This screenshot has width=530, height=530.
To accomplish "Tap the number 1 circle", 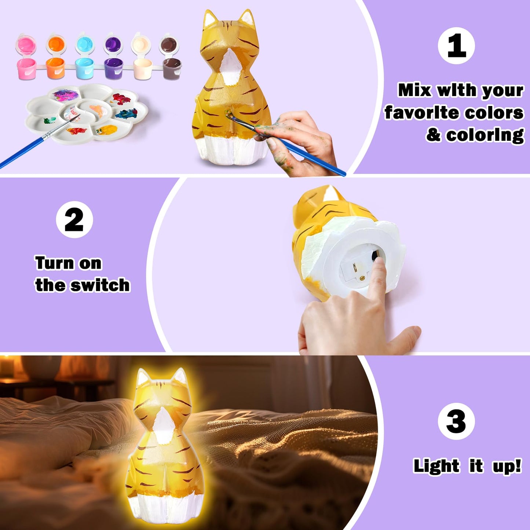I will [456, 46].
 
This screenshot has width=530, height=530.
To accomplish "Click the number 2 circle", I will [74, 220].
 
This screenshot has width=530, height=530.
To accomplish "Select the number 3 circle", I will [456, 421].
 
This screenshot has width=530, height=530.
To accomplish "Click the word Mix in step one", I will [415, 90].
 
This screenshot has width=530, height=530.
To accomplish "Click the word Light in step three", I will [436, 466].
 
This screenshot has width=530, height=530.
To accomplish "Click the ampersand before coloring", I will [433, 135].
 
